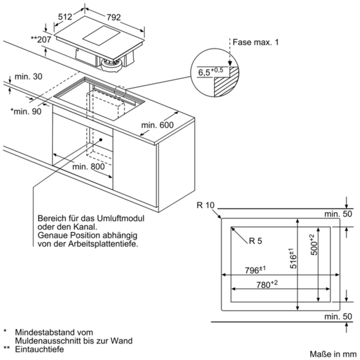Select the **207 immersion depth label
click(41, 40)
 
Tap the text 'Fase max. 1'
click(255, 42)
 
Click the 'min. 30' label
click(28, 76)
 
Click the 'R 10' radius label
click(205, 206)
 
